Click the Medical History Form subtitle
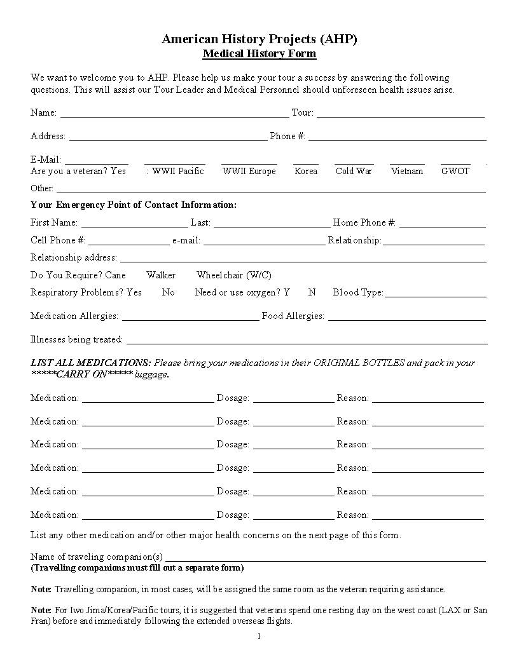[259, 53]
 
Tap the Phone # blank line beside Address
[397, 139]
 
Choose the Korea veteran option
[306, 171]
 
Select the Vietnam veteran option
[407, 171]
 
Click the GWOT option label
[455, 171]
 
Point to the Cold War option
[354, 171]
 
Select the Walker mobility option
[161, 275]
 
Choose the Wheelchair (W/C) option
[234, 275]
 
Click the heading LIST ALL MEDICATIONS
[91, 363]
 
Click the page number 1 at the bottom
[259, 636]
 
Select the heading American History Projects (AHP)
[259, 39]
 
